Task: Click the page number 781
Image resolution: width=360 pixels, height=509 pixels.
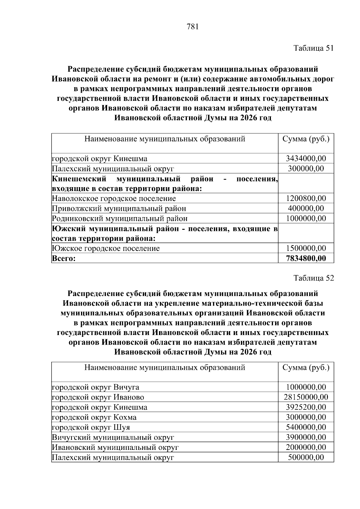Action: pos(193,27)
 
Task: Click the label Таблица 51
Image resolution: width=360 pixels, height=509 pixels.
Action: pos(313,48)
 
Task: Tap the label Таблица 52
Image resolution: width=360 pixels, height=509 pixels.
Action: pos(313,278)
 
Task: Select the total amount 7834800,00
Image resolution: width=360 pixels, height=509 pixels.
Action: pos(306,258)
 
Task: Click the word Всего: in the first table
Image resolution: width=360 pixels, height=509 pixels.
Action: pos(64,259)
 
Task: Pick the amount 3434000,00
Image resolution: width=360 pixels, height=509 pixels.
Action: pos(306,158)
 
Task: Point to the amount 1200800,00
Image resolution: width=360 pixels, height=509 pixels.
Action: pos(306,198)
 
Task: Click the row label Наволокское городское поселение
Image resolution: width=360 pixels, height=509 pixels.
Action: pos(114,198)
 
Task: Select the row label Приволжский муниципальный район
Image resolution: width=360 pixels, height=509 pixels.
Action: pos(119,208)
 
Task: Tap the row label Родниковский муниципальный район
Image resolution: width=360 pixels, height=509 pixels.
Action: pos(120,218)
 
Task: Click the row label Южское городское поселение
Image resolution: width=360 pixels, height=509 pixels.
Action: pos(106,248)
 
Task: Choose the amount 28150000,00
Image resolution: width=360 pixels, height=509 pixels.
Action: pos(306,397)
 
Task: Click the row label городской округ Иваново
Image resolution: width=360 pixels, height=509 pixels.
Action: pos(98,397)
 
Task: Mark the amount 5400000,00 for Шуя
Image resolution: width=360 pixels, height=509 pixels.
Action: pos(306,427)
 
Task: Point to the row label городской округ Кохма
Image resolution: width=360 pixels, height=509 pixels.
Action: pos(94,417)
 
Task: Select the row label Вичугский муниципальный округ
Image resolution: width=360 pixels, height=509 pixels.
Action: pos(113,437)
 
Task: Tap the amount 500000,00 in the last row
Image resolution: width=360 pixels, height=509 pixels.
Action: pos(306,457)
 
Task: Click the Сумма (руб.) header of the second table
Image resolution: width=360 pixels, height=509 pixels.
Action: pos(306,367)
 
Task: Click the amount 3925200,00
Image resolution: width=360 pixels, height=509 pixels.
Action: pos(306,407)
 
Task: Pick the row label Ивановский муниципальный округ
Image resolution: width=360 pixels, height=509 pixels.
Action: pos(115,447)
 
